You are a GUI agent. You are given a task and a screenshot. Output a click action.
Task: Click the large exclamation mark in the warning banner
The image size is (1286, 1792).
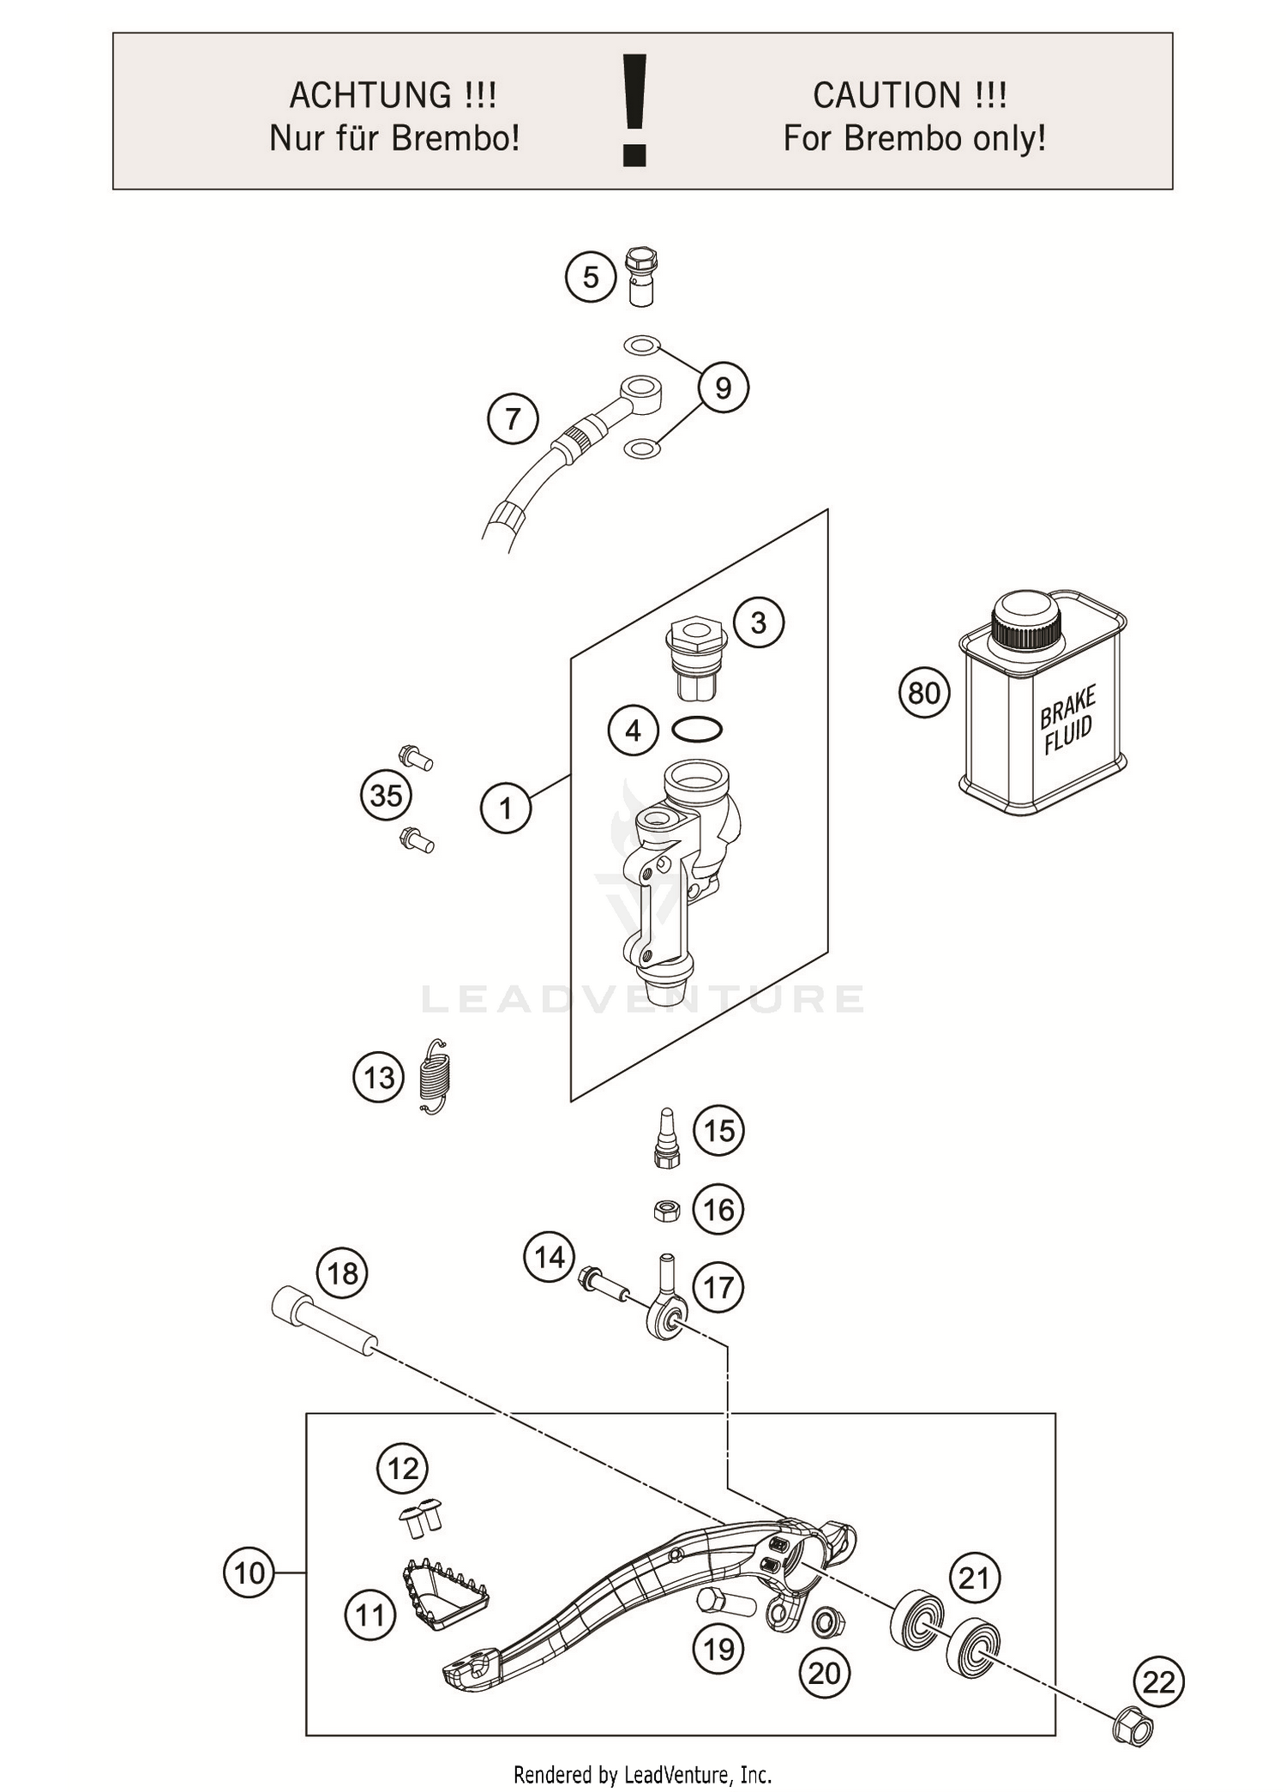(x=634, y=110)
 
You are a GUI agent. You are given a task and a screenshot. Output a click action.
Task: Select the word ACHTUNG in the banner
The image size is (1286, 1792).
(x=370, y=95)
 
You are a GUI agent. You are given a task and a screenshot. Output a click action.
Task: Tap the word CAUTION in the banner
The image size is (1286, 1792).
(x=886, y=95)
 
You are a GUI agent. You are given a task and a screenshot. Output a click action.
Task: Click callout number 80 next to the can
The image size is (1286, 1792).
(x=924, y=693)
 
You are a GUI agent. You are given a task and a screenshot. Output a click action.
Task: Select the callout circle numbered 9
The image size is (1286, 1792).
(x=723, y=388)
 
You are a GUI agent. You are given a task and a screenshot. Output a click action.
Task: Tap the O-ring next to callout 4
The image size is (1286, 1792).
(x=697, y=730)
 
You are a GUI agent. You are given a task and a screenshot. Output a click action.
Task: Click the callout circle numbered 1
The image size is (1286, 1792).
(x=505, y=808)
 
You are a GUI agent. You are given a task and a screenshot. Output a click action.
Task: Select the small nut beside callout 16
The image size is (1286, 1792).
(x=666, y=1210)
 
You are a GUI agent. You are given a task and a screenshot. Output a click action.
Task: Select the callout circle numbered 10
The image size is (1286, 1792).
(x=249, y=1573)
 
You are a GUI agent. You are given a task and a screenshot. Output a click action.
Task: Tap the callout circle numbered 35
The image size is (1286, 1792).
(x=385, y=795)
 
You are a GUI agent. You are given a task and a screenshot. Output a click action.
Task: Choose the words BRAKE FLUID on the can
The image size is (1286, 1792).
(x=1067, y=719)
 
